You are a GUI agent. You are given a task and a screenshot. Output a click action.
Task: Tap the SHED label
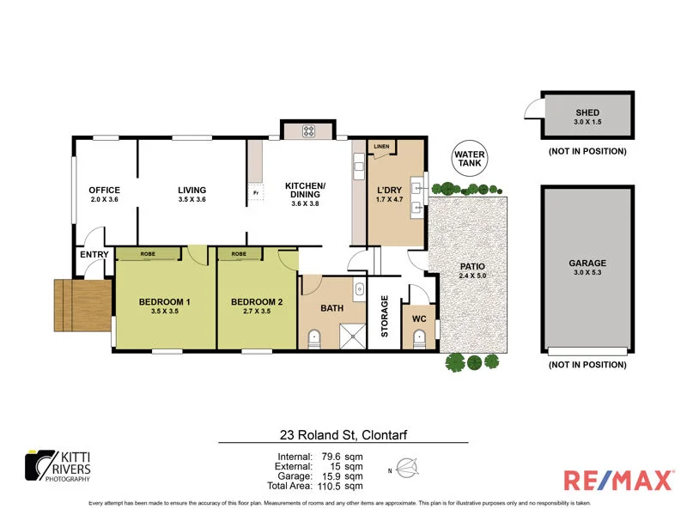(587, 112)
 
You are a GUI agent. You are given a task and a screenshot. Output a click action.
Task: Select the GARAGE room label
(587, 264)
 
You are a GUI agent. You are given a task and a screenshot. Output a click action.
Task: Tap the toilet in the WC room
(419, 337)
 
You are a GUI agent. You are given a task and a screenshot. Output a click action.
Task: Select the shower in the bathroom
(351, 337)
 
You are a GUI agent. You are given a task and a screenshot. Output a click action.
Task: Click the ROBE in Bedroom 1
(149, 254)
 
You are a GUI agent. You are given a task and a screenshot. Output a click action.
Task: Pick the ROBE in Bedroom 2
(240, 254)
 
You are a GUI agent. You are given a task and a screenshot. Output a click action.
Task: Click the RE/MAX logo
(618, 479)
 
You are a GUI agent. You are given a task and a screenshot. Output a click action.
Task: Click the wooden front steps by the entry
(82, 305)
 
